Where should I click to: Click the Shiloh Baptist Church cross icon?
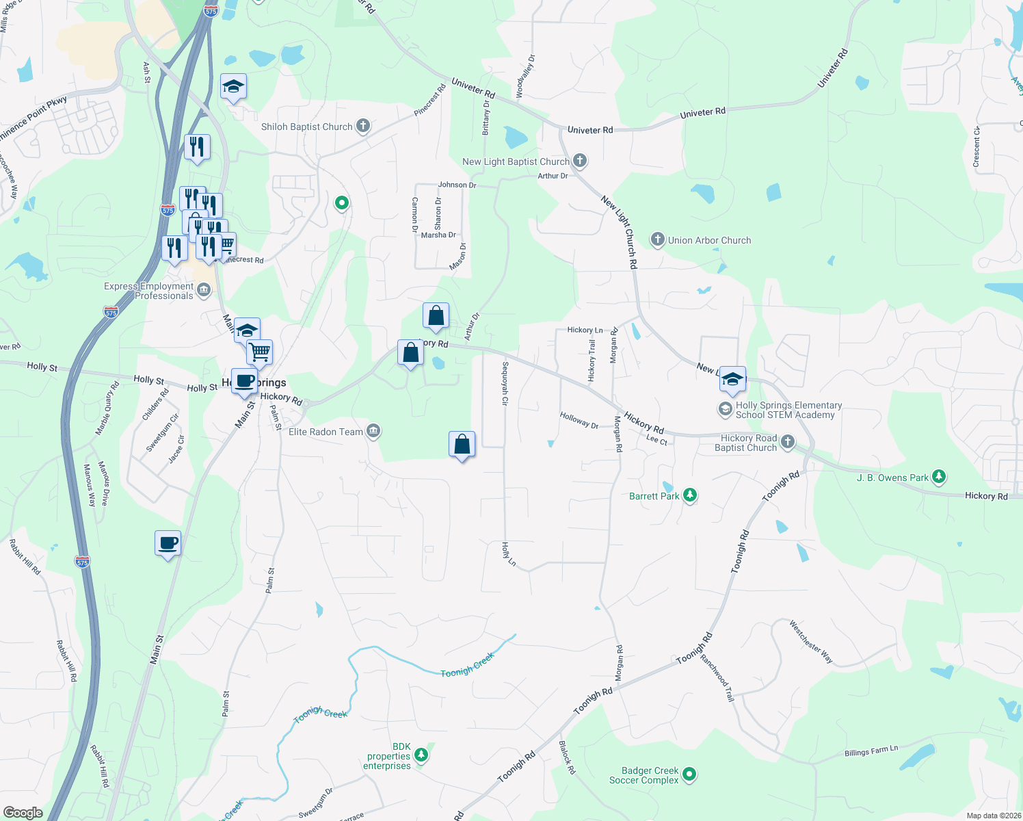click(363, 126)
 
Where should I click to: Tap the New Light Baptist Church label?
click(516, 161)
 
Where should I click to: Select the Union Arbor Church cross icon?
click(657, 239)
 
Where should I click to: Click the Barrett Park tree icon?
click(690, 495)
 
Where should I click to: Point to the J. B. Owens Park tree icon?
click(940, 477)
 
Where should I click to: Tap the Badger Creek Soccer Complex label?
click(643, 775)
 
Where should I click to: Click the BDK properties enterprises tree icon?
click(421, 755)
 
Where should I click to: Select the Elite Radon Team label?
click(325, 432)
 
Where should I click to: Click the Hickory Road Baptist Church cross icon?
click(788, 442)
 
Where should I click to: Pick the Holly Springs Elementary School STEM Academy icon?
click(725, 410)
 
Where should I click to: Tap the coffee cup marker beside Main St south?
click(168, 544)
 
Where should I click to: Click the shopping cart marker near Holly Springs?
click(259, 352)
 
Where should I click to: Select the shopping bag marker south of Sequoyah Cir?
click(462, 445)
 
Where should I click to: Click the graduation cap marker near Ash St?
click(233, 87)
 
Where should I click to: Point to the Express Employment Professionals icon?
click(204, 291)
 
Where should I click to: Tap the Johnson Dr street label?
click(457, 185)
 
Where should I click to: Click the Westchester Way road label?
click(811, 642)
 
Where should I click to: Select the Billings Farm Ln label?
click(871, 751)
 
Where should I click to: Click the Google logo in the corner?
click(23, 812)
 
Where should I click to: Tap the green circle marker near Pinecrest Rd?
click(342, 203)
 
